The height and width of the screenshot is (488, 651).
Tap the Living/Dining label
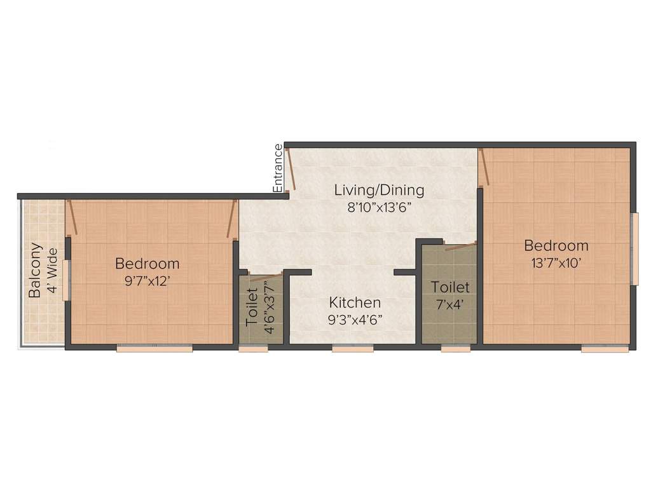(379, 190)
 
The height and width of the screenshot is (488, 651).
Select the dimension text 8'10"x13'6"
(379, 207)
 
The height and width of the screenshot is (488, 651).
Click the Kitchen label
(355, 302)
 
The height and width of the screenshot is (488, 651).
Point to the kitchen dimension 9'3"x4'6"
(355, 320)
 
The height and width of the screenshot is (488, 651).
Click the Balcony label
(36, 269)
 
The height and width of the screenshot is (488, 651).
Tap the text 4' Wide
(53, 271)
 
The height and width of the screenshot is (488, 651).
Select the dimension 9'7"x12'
(147, 281)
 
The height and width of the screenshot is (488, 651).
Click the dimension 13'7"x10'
(556, 263)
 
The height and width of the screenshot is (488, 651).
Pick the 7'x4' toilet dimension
(450, 304)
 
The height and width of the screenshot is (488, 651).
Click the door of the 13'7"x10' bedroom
(484, 167)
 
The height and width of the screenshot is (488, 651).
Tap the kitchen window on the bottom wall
(352, 349)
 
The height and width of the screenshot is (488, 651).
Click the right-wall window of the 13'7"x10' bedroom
(635, 249)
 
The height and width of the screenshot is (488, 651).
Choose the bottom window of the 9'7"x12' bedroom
(154, 349)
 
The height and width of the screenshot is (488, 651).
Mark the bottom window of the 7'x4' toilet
(455, 349)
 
